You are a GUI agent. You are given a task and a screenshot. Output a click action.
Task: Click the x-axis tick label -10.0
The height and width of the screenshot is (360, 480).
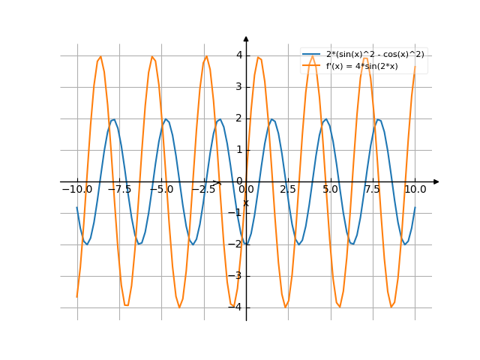tap(76, 190)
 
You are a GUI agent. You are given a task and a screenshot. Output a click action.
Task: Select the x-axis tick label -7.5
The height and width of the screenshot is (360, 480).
tap(119, 190)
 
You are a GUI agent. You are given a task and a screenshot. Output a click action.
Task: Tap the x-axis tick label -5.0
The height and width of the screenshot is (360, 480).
tap(161, 190)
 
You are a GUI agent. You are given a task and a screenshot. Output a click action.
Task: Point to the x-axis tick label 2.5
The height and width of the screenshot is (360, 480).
tap(288, 190)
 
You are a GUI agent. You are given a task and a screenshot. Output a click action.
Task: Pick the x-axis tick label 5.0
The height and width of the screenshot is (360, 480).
tap(331, 190)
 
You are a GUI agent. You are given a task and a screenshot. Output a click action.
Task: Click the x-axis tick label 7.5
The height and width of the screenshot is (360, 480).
tap(373, 190)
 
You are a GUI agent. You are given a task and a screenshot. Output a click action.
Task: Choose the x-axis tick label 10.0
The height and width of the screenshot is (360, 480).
tap(415, 190)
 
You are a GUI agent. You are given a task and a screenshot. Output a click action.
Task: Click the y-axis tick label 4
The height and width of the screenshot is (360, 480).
tap(238, 55)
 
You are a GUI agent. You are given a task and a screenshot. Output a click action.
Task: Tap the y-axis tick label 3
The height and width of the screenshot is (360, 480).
tap(238, 87)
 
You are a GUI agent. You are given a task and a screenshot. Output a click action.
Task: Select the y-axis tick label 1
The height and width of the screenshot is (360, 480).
tap(238, 150)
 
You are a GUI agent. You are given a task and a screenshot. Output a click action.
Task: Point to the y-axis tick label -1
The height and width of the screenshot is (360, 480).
tap(236, 213)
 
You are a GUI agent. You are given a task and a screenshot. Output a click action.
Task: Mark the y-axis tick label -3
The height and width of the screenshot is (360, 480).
tap(236, 276)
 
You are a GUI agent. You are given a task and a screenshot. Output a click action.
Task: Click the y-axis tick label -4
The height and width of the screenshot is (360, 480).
tap(236, 307)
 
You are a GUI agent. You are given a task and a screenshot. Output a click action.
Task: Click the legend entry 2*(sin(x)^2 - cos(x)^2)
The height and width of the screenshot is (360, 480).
tap(375, 55)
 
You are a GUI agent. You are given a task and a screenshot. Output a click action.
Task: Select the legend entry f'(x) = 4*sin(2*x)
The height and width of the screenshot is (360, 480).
tap(361, 66)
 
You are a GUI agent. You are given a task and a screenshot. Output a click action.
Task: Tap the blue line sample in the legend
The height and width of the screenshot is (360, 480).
tap(311, 55)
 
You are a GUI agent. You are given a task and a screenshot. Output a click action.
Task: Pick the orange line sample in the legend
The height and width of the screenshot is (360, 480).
tap(311, 66)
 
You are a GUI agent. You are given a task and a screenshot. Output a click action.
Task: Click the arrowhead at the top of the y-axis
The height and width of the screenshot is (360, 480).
tap(246, 38)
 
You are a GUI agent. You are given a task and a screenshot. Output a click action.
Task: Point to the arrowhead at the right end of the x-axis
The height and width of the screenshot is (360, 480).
tap(436, 181)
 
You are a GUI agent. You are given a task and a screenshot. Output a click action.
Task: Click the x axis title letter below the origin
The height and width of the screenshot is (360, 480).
tap(246, 202)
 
